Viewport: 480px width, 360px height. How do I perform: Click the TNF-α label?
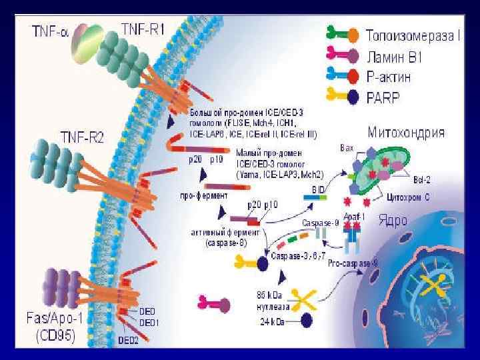[50, 31]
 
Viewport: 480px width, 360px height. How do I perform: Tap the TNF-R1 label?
[143, 29]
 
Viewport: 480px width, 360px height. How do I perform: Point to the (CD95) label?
[55, 336]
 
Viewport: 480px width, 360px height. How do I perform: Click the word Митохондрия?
[405, 131]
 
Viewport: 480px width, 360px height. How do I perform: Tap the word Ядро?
[392, 220]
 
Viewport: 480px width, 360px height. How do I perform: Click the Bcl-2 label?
[421, 180]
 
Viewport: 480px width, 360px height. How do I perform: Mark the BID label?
[318, 189]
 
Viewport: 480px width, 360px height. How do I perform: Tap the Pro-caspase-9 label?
[353, 265]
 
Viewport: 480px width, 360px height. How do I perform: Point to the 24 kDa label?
[271, 321]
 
